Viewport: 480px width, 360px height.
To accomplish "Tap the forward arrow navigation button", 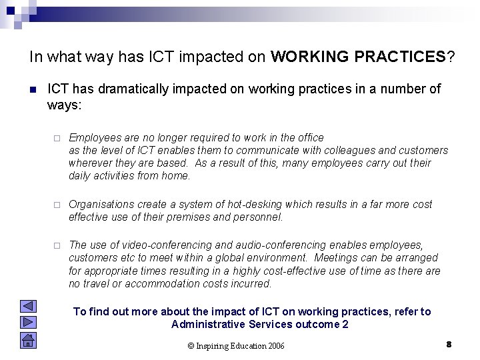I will pos(28,322).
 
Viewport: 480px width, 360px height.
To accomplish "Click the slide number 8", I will pos(449,344).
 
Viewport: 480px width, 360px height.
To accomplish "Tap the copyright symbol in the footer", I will pos(191,345).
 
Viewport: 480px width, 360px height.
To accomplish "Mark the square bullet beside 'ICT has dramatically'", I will pos(33,89).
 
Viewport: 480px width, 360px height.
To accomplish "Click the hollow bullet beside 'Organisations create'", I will pos(57,205).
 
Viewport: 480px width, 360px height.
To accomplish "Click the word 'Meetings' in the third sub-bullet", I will pos(336,257).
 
